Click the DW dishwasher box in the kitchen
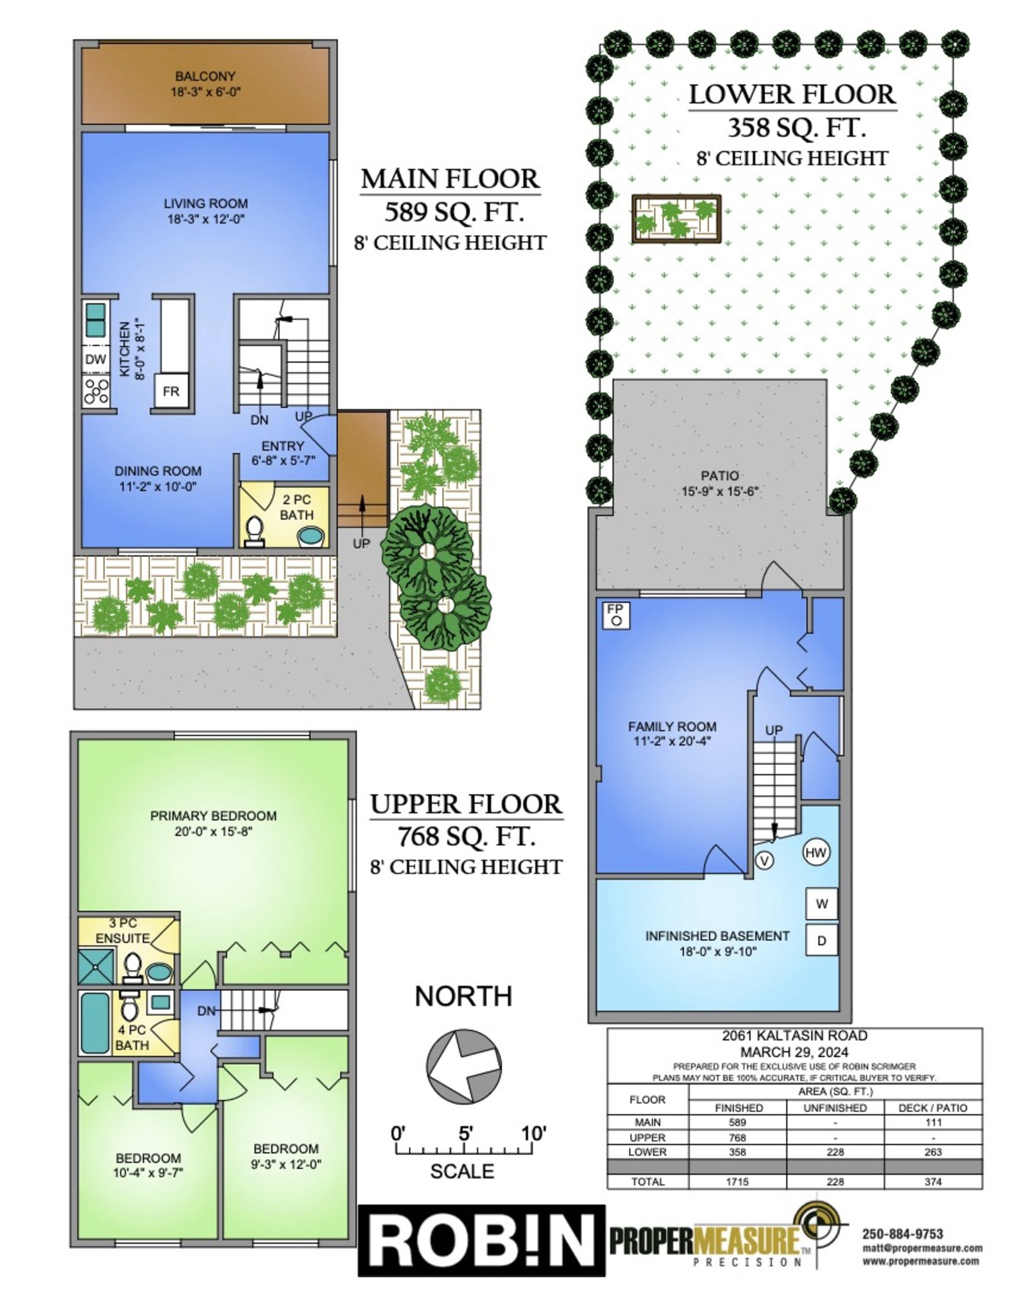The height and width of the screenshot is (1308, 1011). point(95,359)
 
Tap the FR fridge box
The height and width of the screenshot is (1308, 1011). point(171,391)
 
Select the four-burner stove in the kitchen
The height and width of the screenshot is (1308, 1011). point(96,390)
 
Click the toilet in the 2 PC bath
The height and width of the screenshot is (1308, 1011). point(254,531)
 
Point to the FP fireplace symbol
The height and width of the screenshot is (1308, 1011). point(615,614)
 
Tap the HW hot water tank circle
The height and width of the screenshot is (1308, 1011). point(816,853)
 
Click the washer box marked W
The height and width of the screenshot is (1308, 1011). point(821,903)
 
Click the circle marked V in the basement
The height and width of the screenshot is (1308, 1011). point(765,860)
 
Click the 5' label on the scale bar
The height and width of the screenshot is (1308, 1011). point(466,1134)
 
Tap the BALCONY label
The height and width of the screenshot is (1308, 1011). point(205,76)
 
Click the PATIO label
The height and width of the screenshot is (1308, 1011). point(719,476)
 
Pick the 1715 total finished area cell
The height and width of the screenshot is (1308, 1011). point(737,1181)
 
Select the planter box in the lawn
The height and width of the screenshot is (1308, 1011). point(676,218)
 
